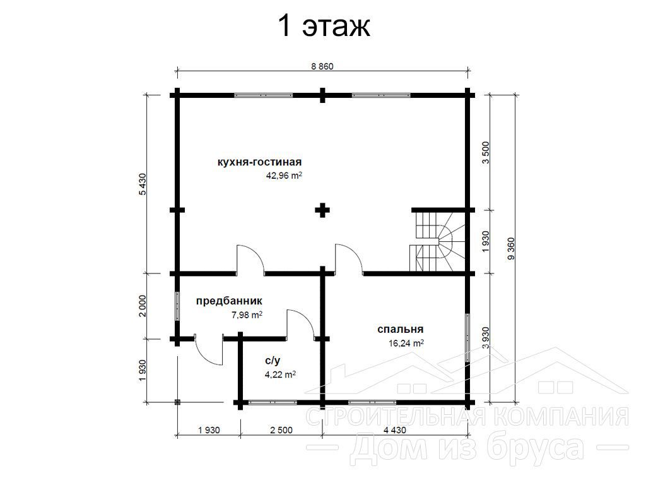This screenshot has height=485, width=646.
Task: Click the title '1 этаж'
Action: (x=324, y=27)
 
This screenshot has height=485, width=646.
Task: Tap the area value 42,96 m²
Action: (x=285, y=176)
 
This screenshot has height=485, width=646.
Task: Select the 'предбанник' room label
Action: (x=229, y=301)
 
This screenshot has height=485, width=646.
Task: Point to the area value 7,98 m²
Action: (x=247, y=315)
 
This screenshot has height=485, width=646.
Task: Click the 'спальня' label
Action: (x=401, y=329)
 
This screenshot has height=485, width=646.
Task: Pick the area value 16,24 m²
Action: (x=406, y=343)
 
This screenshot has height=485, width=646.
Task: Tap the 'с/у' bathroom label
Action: (x=273, y=361)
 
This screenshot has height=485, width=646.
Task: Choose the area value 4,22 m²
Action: (x=280, y=375)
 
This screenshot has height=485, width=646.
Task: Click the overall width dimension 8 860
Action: (x=322, y=66)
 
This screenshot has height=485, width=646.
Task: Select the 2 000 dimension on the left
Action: (x=143, y=306)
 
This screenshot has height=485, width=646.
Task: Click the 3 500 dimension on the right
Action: (x=486, y=153)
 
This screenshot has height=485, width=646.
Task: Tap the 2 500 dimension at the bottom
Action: (x=281, y=430)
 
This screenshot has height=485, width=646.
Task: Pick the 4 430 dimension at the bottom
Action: (x=395, y=430)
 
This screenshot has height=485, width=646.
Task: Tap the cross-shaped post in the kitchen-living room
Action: (x=322, y=210)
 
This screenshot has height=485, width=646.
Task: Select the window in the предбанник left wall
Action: (x=177, y=306)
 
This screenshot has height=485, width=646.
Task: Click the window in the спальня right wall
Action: (x=467, y=338)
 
